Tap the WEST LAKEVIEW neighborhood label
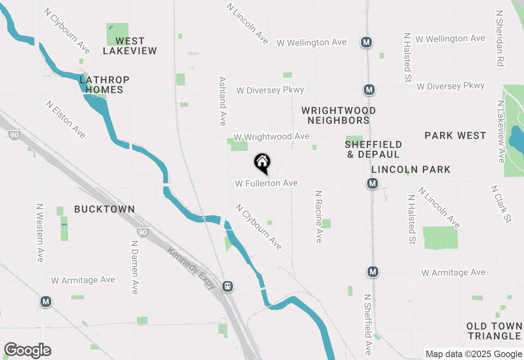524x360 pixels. click(x=130, y=46)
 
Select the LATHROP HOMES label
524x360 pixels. click(x=105, y=85)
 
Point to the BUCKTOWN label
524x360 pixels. click(x=104, y=209)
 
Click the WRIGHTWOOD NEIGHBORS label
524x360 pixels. click(x=339, y=115)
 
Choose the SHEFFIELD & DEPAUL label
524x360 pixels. click(x=373, y=149)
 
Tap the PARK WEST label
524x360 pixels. click(x=455, y=135)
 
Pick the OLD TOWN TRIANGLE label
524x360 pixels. click(x=495, y=331)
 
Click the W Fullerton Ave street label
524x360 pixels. click(x=266, y=183)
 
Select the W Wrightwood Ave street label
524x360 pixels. click(x=271, y=136)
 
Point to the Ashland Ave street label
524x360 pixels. click(x=223, y=101)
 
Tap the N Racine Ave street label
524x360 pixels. click(x=319, y=216)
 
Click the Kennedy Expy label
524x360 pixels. click(x=192, y=268)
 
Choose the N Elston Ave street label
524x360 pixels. click(x=66, y=119)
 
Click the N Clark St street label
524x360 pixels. click(x=501, y=204)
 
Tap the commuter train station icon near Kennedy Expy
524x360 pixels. click(x=228, y=286)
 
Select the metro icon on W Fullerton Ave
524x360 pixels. click(x=372, y=183)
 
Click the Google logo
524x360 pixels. click(x=27, y=351)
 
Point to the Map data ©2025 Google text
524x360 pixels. click(x=474, y=354)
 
